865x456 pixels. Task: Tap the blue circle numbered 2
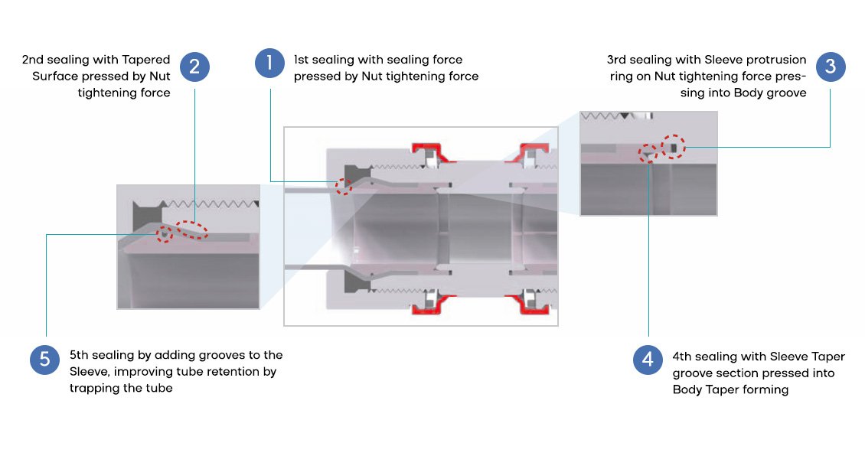pos(194,67)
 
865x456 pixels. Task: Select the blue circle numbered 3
pos(831,67)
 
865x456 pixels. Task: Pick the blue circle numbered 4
pos(648,360)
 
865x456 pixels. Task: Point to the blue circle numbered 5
pos(45,360)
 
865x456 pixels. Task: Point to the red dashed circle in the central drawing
pos(345,184)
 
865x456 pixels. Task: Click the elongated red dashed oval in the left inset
pos(192,229)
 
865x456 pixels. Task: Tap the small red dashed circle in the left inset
pos(164,234)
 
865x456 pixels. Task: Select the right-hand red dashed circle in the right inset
pos(673,145)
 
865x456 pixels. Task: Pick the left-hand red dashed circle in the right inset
pos(649,154)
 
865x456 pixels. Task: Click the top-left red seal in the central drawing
pos(428,154)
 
